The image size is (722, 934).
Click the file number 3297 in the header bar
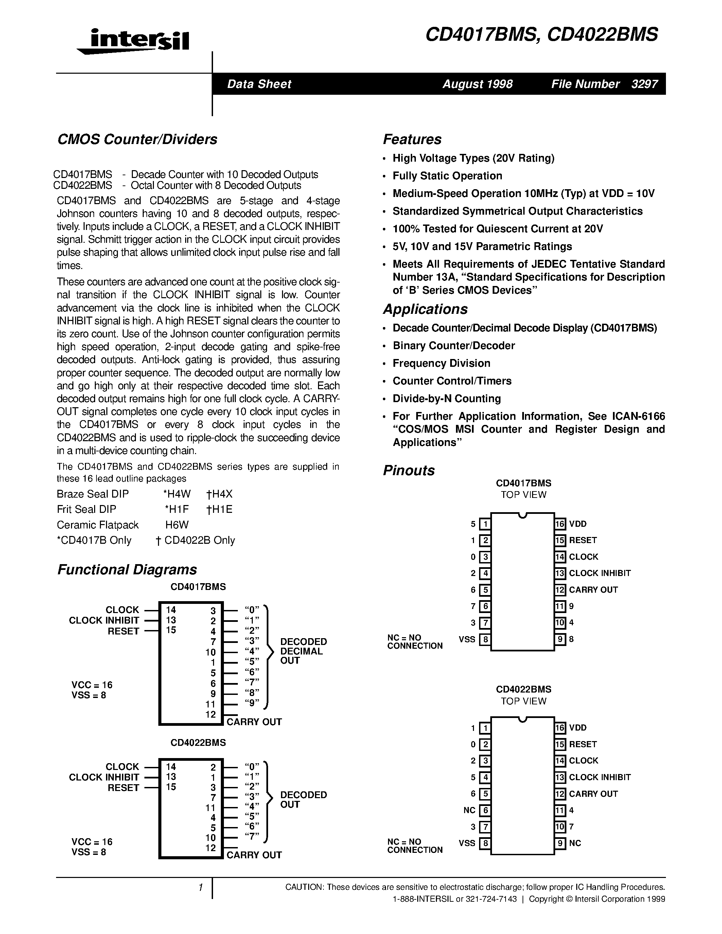[644, 84]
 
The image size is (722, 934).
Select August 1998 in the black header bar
[477, 84]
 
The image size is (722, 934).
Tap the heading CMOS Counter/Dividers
[137, 139]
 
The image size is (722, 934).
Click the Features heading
[412, 139]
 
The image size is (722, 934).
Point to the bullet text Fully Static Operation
[447, 176]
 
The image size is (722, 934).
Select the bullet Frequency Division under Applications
[441, 363]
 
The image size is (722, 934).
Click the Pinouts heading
[408, 470]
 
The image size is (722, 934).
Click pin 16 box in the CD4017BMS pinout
[560, 524]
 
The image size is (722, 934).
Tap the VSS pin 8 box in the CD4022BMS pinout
[485, 843]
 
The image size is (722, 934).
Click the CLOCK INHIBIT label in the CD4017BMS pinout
[600, 573]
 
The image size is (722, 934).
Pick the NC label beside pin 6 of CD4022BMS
[469, 810]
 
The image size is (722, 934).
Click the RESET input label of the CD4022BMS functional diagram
[123, 788]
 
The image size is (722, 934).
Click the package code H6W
[177, 525]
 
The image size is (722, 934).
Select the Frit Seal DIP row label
[86, 509]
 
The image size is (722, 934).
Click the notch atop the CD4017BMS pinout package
[522, 515]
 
